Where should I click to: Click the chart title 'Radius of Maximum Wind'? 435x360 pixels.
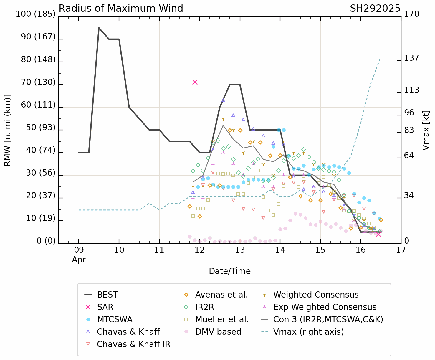click(121, 9)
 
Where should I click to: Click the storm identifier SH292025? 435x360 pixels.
click(375, 9)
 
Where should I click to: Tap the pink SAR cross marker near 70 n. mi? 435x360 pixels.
click(195, 82)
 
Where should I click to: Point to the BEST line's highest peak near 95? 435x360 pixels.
click(99, 28)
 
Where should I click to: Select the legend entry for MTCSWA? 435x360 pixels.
click(115, 320)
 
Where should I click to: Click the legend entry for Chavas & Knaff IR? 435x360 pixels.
click(133, 344)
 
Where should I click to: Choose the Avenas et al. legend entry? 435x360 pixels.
click(221, 295)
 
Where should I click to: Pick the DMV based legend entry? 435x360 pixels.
click(218, 332)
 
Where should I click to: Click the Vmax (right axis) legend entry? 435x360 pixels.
click(308, 332)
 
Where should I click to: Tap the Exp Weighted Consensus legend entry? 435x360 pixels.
click(325, 307)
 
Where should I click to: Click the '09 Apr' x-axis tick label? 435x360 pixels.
click(79, 255)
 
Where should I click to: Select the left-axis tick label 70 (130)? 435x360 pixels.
click(38, 82)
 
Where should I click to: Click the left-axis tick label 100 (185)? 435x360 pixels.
click(36, 14)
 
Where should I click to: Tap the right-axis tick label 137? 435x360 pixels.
click(411, 58)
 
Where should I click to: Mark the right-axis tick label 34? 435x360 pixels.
click(408, 196)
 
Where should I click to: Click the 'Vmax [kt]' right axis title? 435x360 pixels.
click(426, 130)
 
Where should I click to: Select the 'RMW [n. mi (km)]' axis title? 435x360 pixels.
click(8, 130)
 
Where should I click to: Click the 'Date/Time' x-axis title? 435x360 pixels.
click(230, 271)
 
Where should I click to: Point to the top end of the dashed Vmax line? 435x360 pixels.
click(381, 57)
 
